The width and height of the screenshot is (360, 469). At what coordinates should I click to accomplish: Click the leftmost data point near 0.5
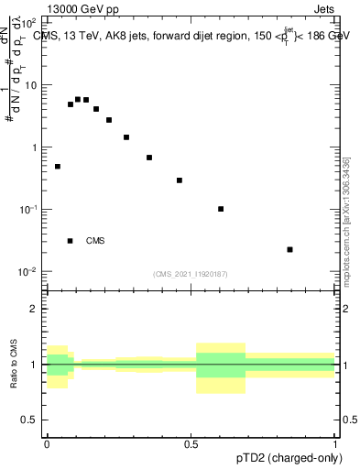[x=58, y=167]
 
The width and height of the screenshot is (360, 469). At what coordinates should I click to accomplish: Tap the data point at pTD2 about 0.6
[x=221, y=209]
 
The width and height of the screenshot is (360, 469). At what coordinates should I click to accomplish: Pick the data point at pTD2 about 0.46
[x=180, y=180]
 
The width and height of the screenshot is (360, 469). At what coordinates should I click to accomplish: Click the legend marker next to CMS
[x=70, y=241]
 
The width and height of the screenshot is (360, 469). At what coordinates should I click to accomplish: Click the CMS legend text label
[x=95, y=241]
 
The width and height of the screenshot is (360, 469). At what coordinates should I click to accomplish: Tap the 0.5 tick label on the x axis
[x=191, y=443]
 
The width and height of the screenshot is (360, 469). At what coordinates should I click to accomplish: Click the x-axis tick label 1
[x=335, y=443]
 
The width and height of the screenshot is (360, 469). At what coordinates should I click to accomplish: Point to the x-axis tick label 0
[x=47, y=443]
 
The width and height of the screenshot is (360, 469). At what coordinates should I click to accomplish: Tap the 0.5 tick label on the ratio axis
[x=31, y=421]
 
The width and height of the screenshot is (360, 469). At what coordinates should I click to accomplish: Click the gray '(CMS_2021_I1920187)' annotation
[x=191, y=274]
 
